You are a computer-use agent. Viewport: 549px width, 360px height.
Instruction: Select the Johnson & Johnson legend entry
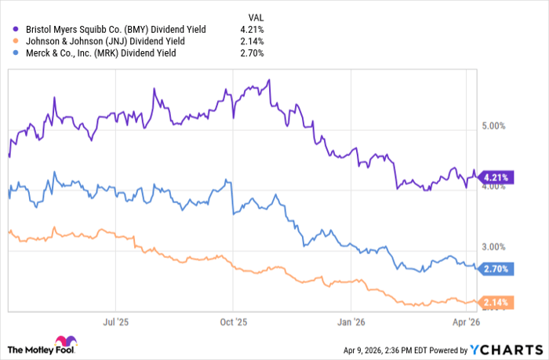(109, 41)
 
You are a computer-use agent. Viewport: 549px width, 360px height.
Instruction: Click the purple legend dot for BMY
(16, 29)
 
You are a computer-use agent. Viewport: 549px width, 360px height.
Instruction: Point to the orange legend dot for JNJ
(16, 41)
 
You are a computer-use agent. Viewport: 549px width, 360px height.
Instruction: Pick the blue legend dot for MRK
(16, 53)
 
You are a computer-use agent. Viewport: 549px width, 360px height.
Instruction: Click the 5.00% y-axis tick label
(496, 126)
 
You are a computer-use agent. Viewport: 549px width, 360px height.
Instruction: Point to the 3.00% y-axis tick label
(496, 246)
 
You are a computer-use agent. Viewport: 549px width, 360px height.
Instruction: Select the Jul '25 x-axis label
(115, 321)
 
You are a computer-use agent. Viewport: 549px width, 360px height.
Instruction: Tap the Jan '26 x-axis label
(351, 321)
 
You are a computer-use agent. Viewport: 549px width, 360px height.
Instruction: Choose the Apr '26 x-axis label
(467, 321)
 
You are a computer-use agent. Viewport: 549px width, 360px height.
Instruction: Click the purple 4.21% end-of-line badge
(496, 177)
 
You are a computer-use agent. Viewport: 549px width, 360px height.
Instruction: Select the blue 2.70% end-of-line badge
(496, 268)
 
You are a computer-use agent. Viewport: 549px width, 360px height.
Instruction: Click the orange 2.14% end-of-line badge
(496, 302)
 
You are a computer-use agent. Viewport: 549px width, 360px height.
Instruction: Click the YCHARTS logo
(505, 348)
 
